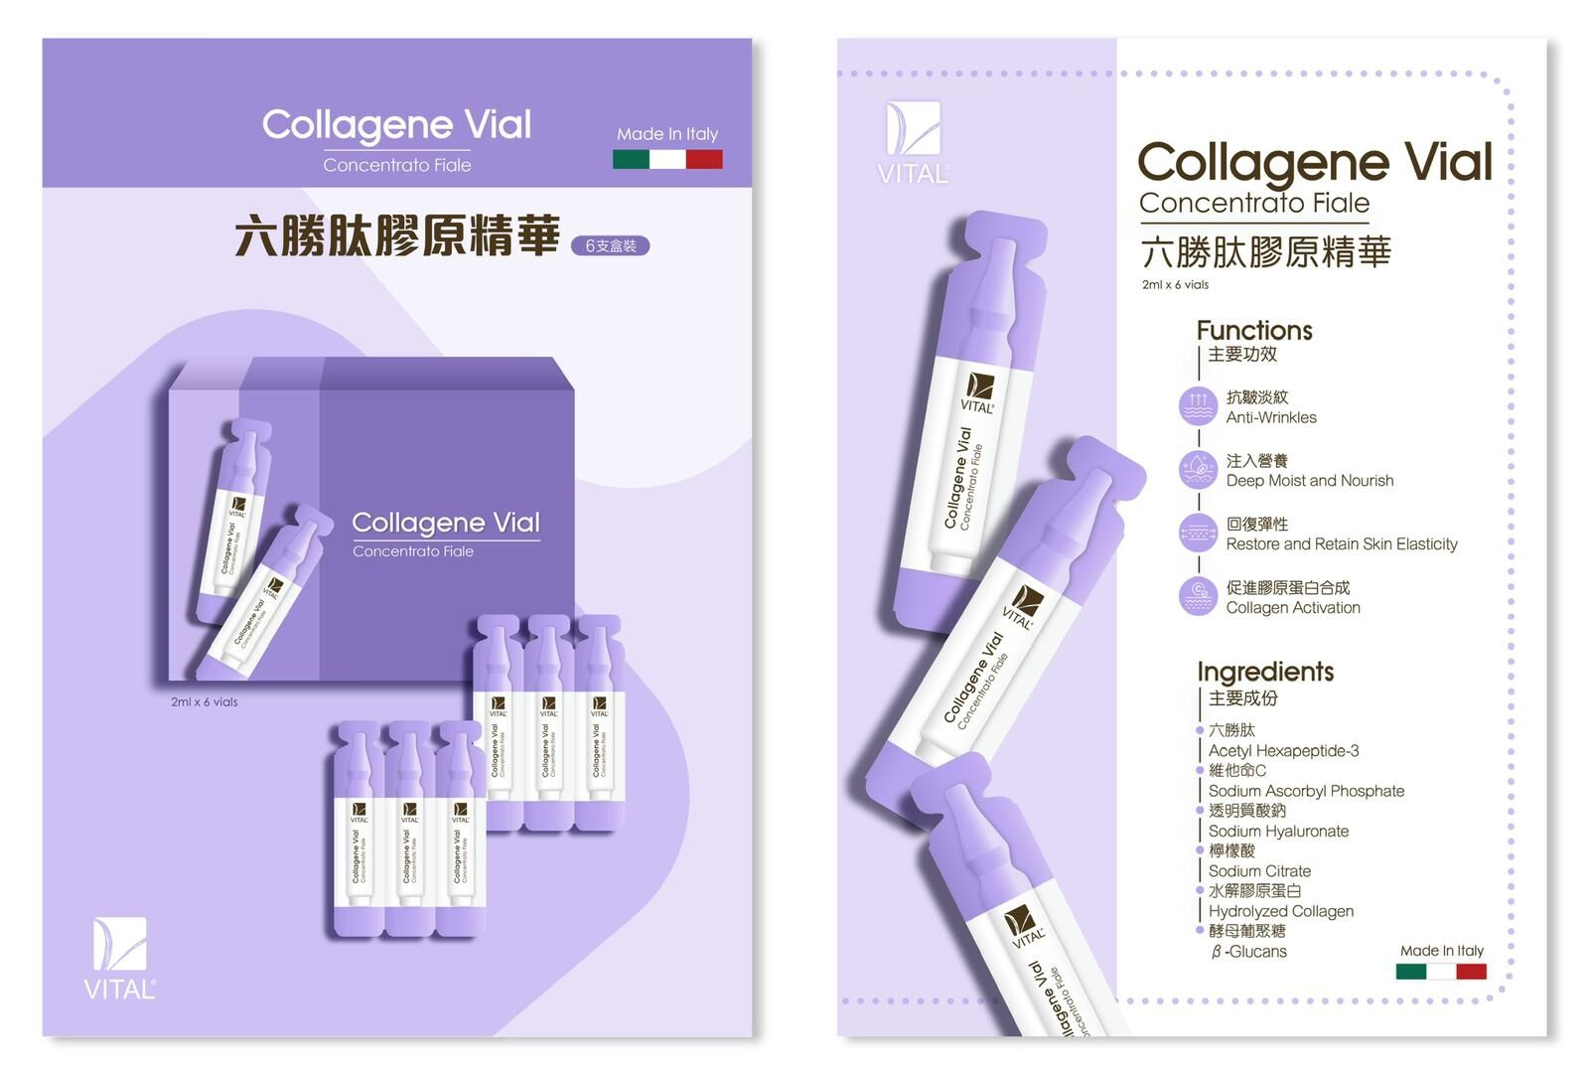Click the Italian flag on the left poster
click(667, 159)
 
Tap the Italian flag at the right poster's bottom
click(1440, 971)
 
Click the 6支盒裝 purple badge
click(610, 245)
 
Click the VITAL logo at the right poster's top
click(913, 142)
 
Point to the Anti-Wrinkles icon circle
click(1198, 406)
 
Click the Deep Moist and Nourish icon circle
click(1198, 470)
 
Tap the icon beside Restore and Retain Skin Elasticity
click(1198, 534)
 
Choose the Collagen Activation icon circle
click(1198, 596)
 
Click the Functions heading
click(1254, 330)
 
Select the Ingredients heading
click(1265, 672)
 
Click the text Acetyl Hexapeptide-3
click(1283, 751)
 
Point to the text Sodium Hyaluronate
click(1278, 832)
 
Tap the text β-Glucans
click(1249, 952)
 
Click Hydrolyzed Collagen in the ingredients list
click(1280, 911)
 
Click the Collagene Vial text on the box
click(446, 523)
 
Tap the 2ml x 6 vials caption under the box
click(204, 701)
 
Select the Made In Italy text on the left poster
click(667, 133)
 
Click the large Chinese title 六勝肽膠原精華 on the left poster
click(397, 236)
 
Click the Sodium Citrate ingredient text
click(1259, 871)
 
